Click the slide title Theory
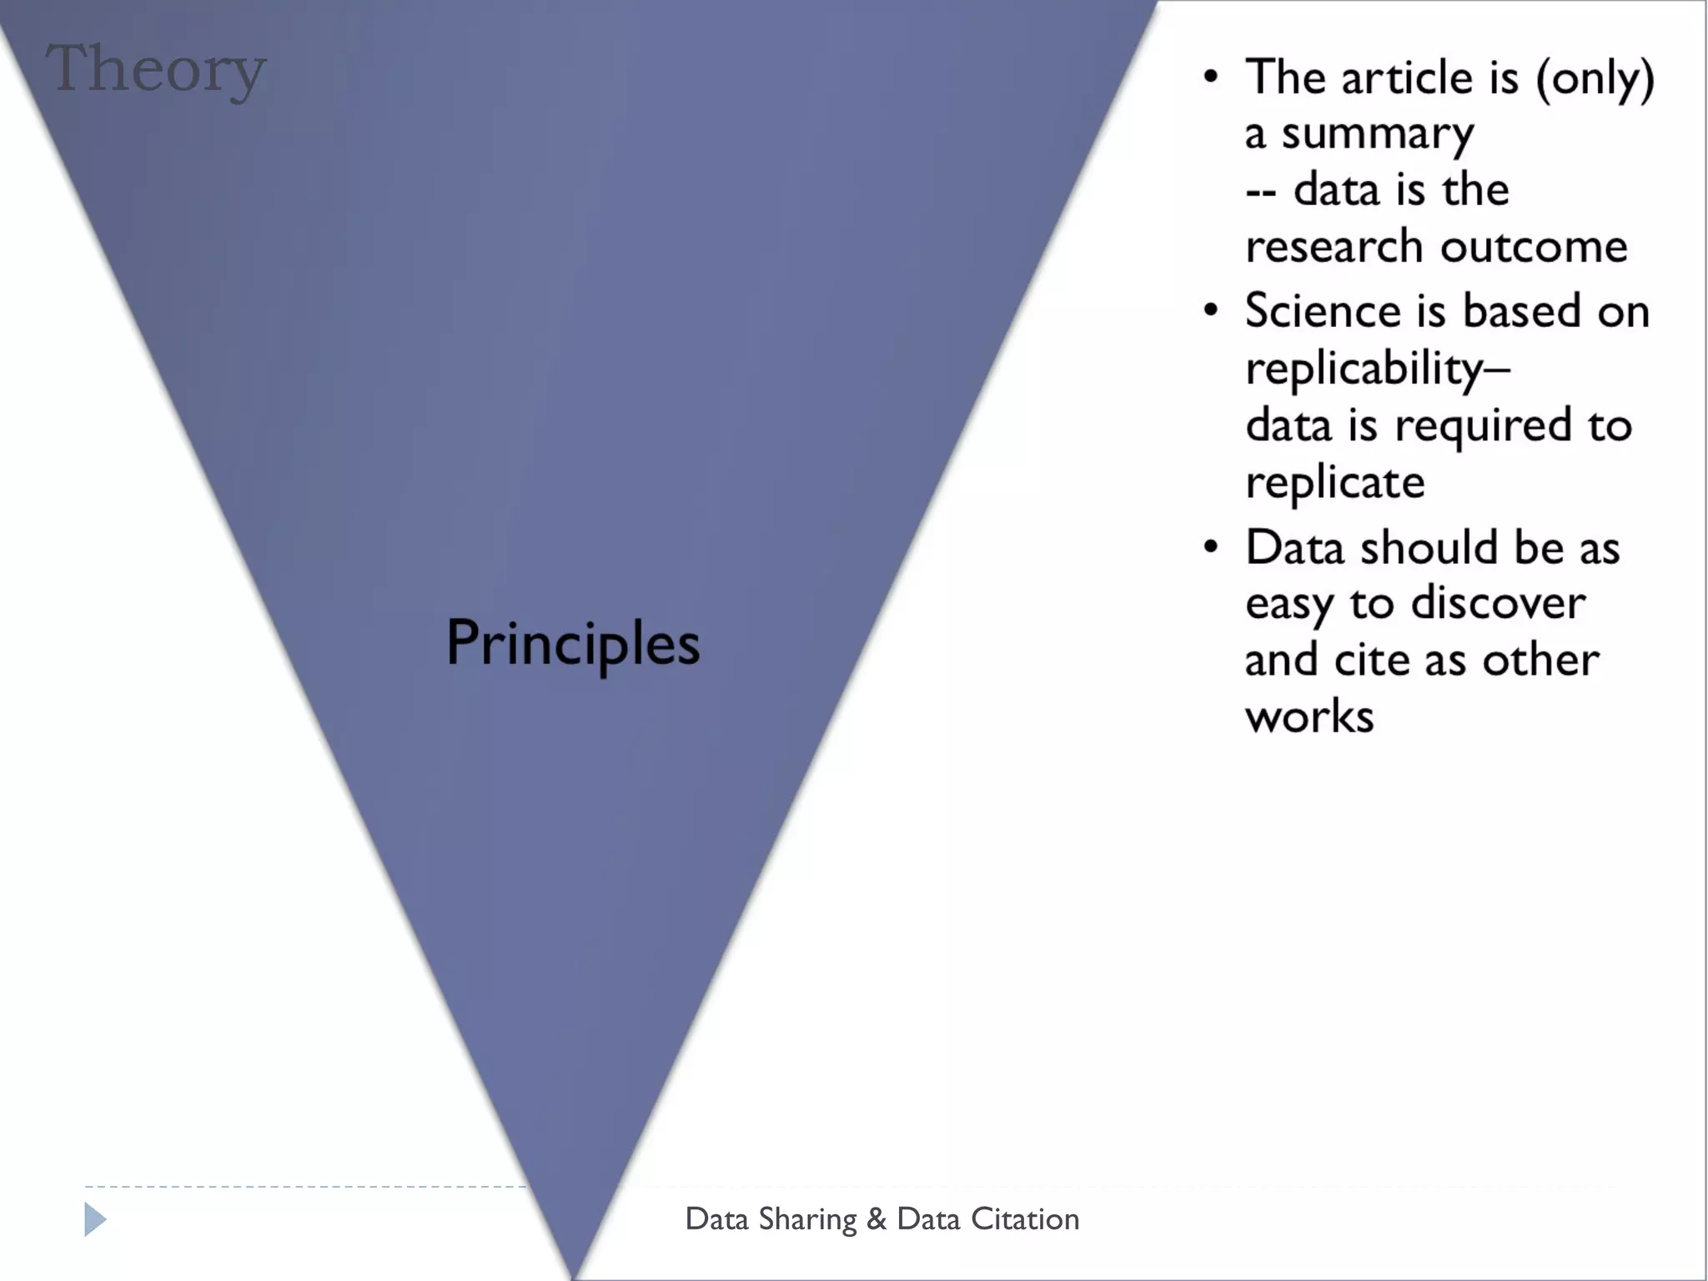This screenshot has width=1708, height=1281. pyautogui.click(x=156, y=70)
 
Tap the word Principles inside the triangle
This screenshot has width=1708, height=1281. pyautogui.click(x=573, y=644)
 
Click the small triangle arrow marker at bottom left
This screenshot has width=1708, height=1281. pyautogui.click(x=95, y=1219)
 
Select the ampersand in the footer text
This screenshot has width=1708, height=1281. pyautogui.click(x=876, y=1219)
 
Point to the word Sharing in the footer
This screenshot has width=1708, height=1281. pyautogui.click(x=807, y=1220)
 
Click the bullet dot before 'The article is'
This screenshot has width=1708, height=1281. pyautogui.click(x=1211, y=78)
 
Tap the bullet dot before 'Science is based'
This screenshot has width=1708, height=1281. pyautogui.click(x=1211, y=310)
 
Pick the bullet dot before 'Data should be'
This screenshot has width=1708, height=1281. pyautogui.click(x=1211, y=547)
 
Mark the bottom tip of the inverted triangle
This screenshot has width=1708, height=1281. pyautogui.click(x=575, y=1276)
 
